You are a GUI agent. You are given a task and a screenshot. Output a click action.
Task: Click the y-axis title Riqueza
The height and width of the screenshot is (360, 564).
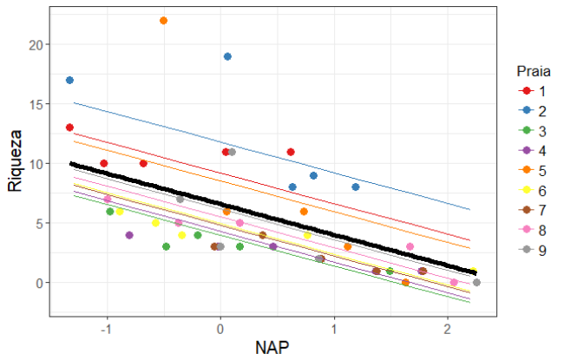15,162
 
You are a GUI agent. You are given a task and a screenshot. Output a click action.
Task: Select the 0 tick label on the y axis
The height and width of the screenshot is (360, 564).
44,283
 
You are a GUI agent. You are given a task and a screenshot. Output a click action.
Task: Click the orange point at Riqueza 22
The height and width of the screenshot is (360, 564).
164,21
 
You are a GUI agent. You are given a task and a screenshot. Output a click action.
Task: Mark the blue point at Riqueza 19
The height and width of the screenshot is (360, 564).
227,56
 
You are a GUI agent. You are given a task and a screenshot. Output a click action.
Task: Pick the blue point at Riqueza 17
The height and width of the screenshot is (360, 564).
69,80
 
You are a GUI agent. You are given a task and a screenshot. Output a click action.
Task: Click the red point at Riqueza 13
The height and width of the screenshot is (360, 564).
69,128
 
